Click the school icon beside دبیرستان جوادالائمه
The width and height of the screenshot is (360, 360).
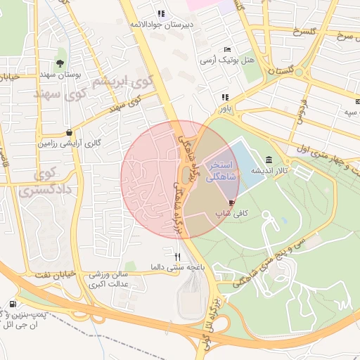coord(161,13)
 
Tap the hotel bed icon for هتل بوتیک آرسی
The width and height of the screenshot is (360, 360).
coord(226,49)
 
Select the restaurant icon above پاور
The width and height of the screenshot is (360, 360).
coord(225,98)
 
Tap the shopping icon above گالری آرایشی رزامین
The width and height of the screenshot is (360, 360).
coord(68,132)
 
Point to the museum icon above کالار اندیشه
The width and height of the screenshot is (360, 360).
coord(270,160)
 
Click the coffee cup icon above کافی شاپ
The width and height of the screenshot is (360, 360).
coord(232,202)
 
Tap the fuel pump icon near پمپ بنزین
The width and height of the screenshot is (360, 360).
coord(13,304)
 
